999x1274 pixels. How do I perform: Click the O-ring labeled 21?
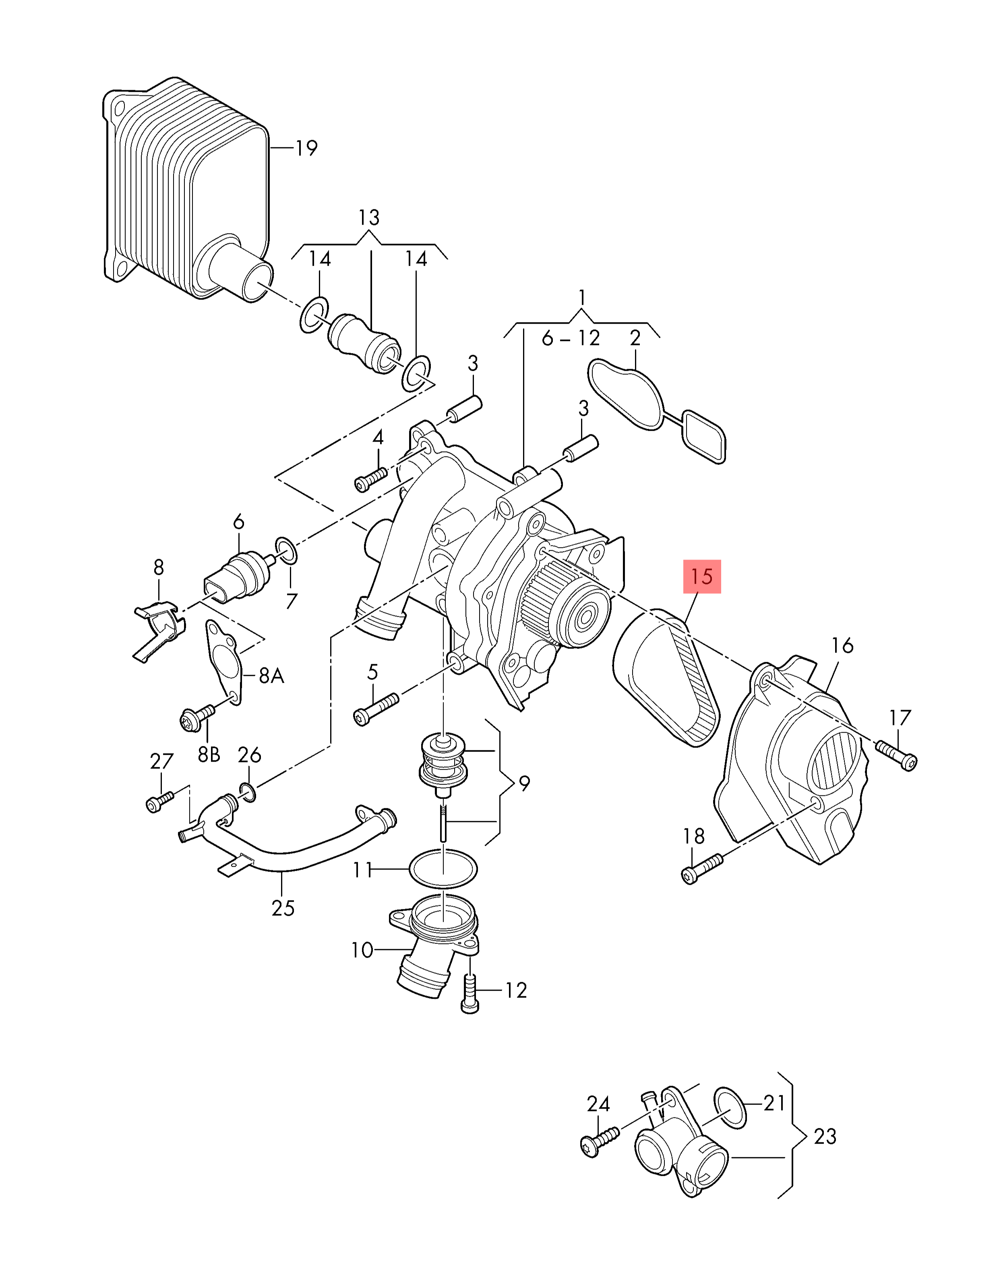click(730, 1107)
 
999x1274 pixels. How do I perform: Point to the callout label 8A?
click(271, 676)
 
